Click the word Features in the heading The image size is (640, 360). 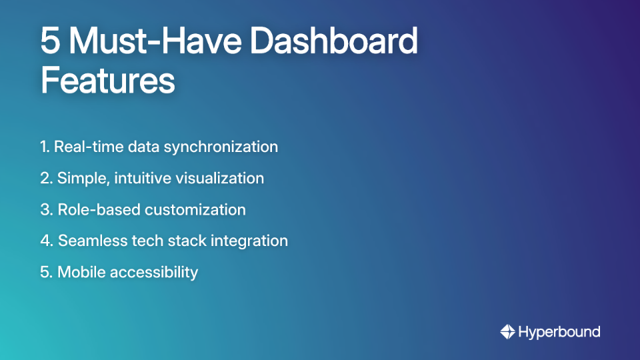(107, 81)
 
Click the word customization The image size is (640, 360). (195, 209)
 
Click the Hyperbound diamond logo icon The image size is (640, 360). (508, 331)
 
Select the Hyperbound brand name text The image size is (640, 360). (559, 331)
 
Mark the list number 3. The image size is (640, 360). (45, 209)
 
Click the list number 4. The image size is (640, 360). (45, 241)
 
